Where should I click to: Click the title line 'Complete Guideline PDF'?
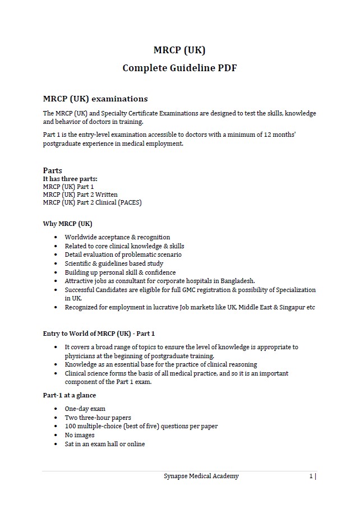(179, 68)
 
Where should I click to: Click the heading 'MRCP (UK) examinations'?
(95, 99)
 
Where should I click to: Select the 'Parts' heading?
(53, 170)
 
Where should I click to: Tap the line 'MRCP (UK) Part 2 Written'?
(80, 195)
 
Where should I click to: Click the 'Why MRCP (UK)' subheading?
(67, 224)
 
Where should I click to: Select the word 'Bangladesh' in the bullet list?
(237, 281)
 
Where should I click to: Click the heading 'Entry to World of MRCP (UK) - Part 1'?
(99, 334)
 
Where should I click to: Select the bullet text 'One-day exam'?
(85, 409)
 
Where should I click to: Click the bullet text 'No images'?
(80, 435)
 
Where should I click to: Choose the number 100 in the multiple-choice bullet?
(70, 426)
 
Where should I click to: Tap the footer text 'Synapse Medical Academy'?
(201, 476)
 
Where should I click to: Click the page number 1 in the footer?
(311, 476)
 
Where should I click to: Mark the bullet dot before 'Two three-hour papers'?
(56, 418)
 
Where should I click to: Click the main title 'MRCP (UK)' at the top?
(179, 50)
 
